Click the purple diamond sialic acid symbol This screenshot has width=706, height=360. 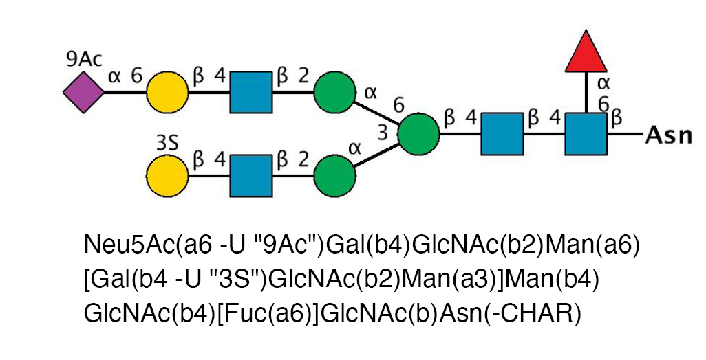pos(83,91)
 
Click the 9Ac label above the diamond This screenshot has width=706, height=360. pos(84,59)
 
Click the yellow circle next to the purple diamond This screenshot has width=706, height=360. pos(167,91)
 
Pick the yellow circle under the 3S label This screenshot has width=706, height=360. pos(167,176)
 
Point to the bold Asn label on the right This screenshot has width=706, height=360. pos(668,135)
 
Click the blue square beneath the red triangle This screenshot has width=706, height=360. pos(586,134)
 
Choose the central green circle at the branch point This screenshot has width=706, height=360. pos(418,134)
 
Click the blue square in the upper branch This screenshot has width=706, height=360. pos(250,91)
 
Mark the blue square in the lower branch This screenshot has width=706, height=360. pos(250,176)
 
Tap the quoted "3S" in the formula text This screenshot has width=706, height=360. pos(242,279)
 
